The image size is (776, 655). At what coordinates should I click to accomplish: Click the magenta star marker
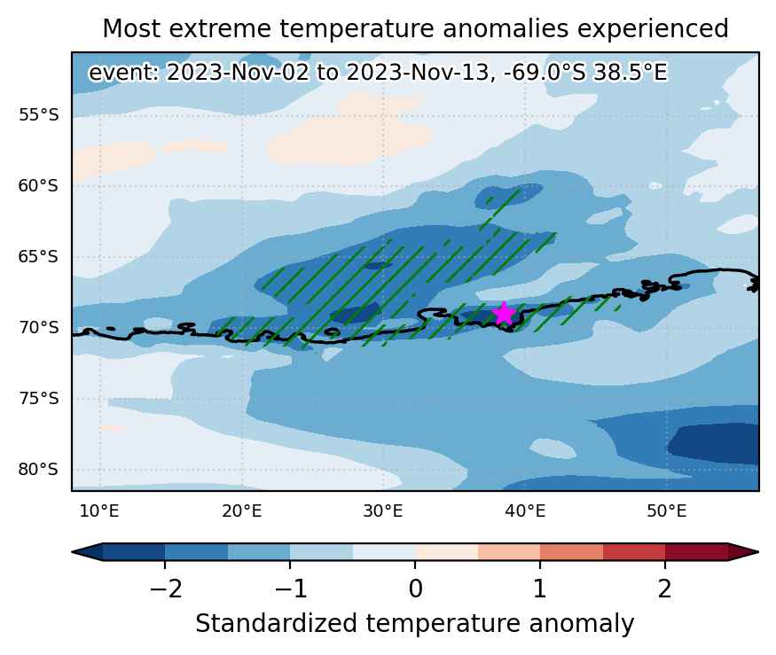(504, 313)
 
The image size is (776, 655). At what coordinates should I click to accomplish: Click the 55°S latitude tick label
(39, 115)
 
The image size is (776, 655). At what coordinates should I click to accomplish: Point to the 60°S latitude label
(39, 186)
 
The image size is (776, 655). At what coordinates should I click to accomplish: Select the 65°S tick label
(39, 257)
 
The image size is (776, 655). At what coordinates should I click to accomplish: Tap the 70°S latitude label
(39, 328)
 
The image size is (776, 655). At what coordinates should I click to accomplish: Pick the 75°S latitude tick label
(39, 398)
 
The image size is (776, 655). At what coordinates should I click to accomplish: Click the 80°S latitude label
(39, 469)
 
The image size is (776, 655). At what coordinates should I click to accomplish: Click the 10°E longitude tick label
(99, 511)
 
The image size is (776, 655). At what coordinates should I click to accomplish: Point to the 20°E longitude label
(241, 511)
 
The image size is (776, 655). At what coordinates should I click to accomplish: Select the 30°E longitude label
(383, 511)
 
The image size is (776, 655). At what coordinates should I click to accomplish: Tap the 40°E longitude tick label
(525, 511)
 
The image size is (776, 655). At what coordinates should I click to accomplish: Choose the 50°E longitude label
(667, 511)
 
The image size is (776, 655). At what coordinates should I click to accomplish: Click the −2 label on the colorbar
(166, 589)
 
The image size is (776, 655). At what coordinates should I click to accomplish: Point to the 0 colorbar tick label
(415, 589)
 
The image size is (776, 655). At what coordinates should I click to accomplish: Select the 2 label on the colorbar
(664, 589)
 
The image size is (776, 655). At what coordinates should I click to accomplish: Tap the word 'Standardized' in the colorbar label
(276, 624)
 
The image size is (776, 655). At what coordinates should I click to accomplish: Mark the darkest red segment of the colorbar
(696, 552)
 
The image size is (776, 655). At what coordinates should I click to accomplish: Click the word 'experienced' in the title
(653, 29)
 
